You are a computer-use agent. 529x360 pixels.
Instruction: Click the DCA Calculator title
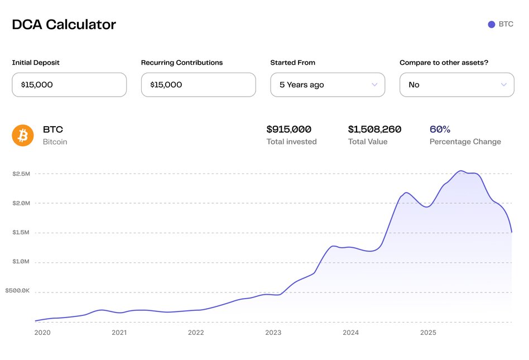tap(64, 25)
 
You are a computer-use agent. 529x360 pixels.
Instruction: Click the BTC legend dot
tap(492, 25)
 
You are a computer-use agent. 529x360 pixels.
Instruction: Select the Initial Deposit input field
tap(69, 85)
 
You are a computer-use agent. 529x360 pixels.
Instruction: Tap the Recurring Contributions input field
tap(198, 85)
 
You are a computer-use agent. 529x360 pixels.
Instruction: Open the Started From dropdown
tap(328, 85)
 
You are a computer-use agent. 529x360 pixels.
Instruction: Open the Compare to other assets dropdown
tap(456, 85)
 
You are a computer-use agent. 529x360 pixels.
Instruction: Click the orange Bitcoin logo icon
tap(23, 135)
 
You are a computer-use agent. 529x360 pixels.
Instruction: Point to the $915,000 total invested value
tap(289, 129)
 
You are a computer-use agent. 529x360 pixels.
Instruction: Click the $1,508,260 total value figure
tap(374, 129)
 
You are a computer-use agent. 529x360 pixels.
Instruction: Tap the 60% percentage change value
tap(440, 129)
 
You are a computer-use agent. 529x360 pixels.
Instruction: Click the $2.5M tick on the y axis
tap(21, 174)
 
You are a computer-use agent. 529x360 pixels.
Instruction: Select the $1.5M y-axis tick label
tap(21, 233)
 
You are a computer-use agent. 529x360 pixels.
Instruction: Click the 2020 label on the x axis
tap(42, 333)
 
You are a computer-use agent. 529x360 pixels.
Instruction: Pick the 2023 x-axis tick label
tap(273, 333)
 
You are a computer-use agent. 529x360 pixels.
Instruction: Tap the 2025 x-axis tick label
tap(428, 333)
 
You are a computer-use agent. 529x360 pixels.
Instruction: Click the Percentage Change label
tap(465, 142)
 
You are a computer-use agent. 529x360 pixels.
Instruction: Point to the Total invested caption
tap(291, 142)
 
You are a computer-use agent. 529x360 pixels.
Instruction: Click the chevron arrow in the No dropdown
tap(504, 85)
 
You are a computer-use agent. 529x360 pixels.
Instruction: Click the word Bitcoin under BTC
tap(55, 142)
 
